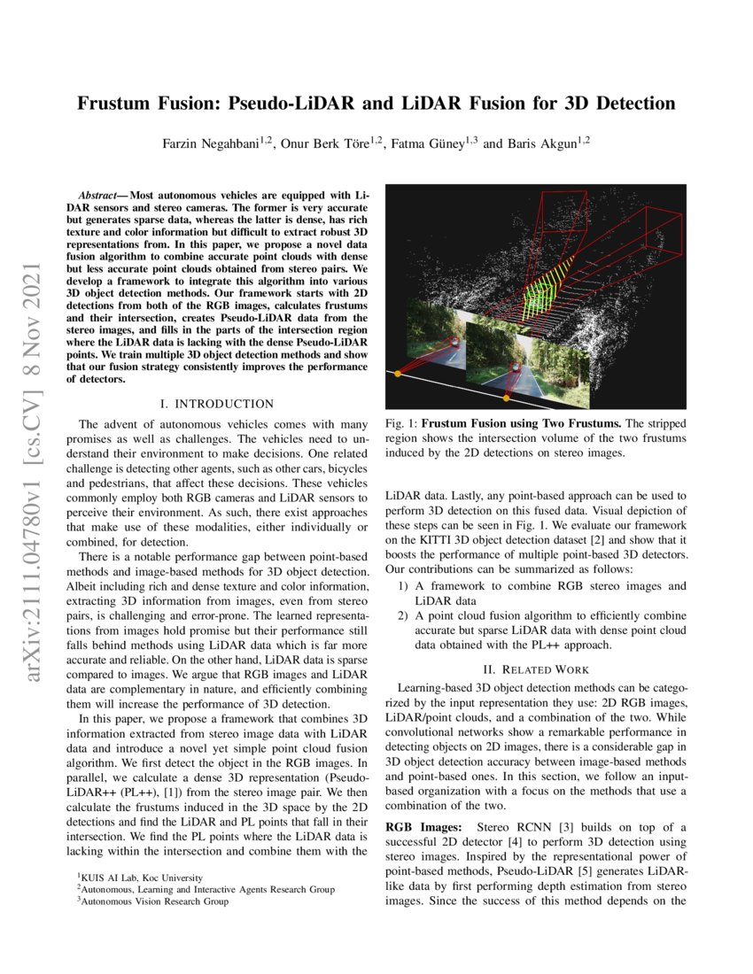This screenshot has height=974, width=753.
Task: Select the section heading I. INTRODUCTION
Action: (x=216, y=404)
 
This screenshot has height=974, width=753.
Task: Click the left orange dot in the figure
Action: (x=397, y=375)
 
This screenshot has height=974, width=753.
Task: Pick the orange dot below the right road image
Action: (x=507, y=398)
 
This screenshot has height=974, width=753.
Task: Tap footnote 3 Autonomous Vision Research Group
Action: (x=153, y=901)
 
